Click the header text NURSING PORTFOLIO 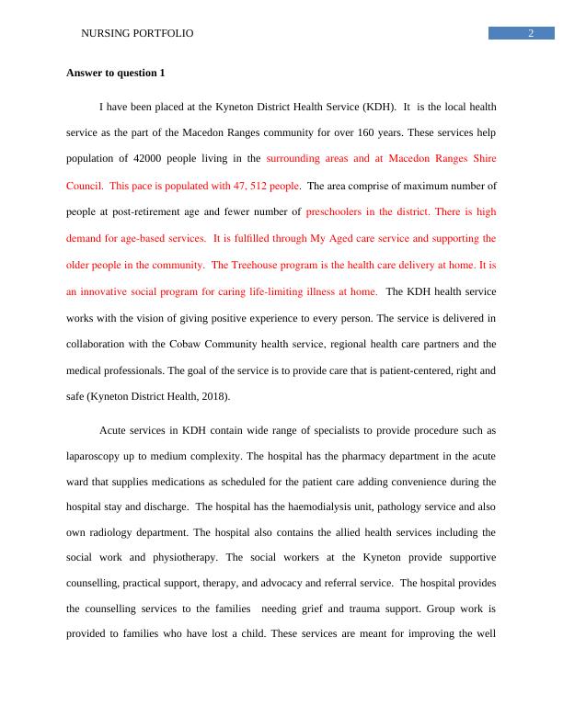[x=138, y=34]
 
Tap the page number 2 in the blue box [x=531, y=34]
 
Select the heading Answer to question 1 [x=116, y=73]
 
